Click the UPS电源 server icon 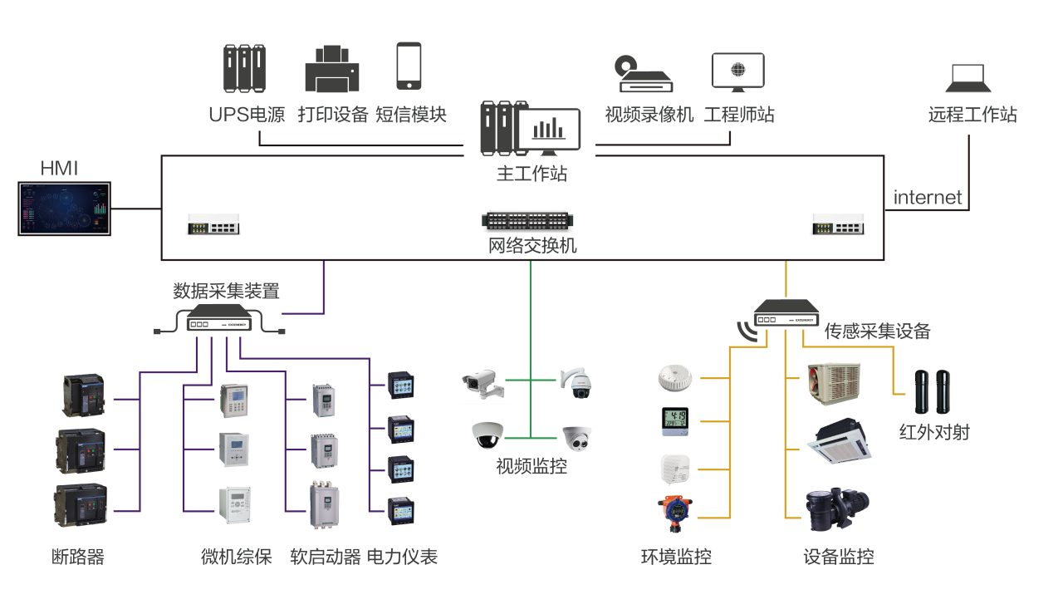coord(244,68)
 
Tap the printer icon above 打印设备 coord(332,68)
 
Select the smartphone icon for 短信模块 coord(409,66)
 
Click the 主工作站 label coord(531,174)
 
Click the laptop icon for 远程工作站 coord(968,79)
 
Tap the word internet coord(928,198)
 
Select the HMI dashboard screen coord(65,209)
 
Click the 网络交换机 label coord(531,246)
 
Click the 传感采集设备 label coord(877,332)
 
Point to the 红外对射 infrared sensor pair coord(932,391)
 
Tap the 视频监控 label coord(531,466)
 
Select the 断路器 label coord(78,557)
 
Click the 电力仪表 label coord(402,557)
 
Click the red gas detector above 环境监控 coord(674,513)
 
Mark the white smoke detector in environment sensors coord(675,377)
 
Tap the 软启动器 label coord(326,557)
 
